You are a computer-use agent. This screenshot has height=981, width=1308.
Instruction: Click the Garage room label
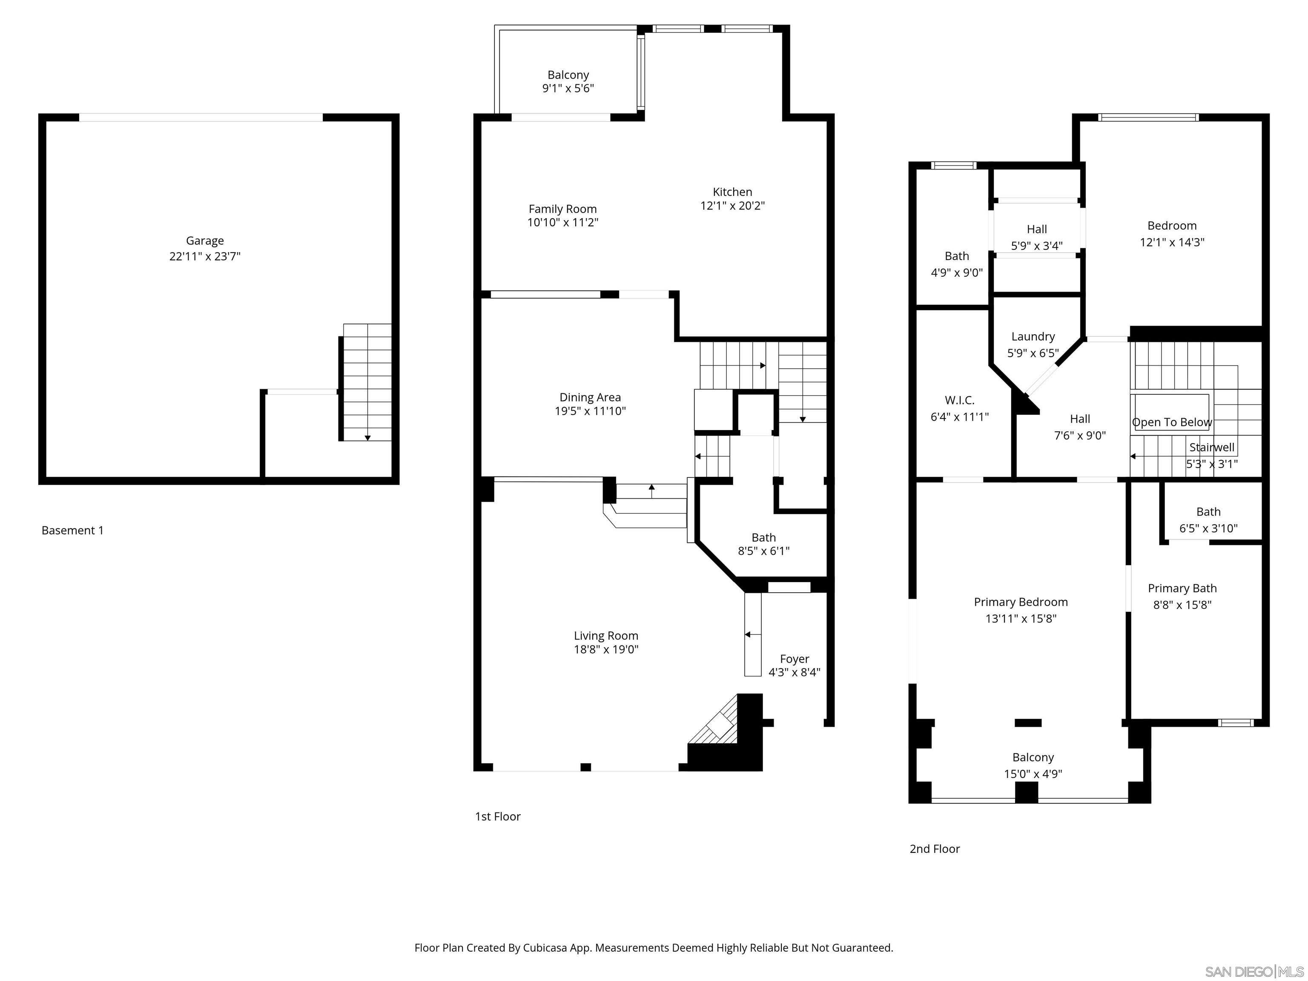(205, 241)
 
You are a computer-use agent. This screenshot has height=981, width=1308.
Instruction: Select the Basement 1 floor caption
(72, 531)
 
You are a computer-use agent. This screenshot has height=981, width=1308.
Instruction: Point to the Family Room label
(562, 209)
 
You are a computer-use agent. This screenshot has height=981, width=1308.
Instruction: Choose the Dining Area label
(590, 397)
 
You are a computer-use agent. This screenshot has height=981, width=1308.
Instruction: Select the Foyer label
(794, 659)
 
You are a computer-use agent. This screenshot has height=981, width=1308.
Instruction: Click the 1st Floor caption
(497, 817)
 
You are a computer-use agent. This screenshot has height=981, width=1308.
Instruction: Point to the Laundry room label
(1033, 336)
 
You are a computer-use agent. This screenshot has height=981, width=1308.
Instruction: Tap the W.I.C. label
(959, 400)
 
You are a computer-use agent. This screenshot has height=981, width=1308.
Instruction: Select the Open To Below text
(1171, 422)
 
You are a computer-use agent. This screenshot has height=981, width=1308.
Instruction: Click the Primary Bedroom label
(1021, 602)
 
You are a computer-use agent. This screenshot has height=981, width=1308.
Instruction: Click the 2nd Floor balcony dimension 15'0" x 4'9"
(1033, 774)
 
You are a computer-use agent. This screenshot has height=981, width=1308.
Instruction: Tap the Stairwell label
(1212, 447)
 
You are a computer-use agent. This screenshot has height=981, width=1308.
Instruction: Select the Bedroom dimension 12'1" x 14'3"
(1171, 242)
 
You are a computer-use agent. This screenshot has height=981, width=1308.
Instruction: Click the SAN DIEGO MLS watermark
(1253, 972)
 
